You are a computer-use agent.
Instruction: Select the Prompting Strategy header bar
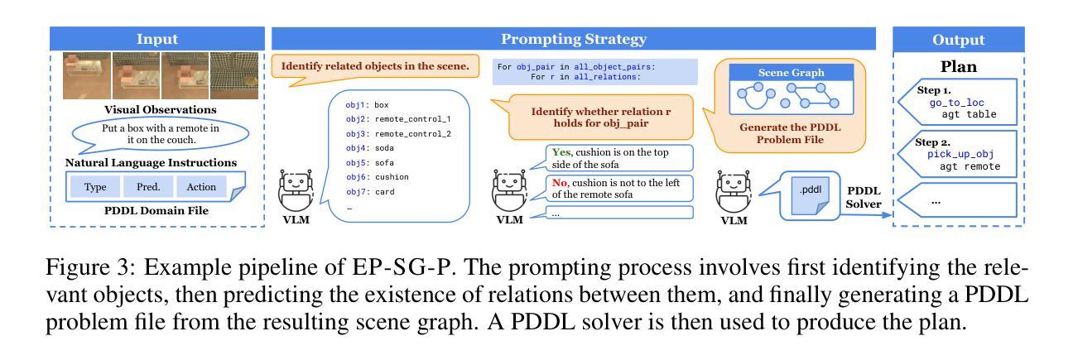point(573,39)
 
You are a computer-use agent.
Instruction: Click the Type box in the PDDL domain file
point(95,187)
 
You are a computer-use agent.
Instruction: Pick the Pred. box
point(148,187)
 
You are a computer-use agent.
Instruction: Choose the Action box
point(200,187)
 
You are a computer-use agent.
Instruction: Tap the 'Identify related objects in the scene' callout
point(375,66)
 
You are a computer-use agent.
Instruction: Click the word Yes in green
point(561,152)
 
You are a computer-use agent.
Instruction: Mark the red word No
point(561,182)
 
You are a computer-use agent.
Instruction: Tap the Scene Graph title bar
point(791,73)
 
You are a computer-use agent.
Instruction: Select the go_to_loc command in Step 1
point(955,101)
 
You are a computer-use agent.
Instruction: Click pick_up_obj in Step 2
point(960,154)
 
